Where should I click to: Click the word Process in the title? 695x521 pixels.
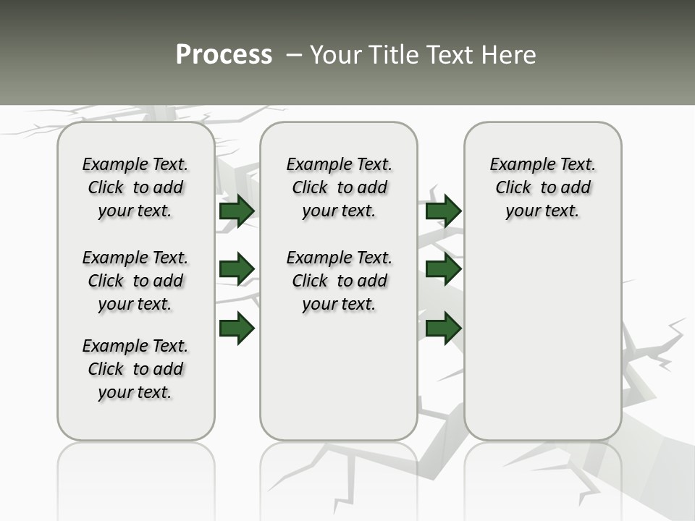click(224, 55)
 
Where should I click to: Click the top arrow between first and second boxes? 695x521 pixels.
click(237, 211)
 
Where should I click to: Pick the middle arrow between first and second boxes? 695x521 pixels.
click(237, 269)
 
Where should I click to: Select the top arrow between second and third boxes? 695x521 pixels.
click(443, 211)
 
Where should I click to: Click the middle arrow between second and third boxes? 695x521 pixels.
click(443, 269)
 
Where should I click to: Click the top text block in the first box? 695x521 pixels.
click(135, 187)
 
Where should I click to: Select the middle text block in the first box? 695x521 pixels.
click(135, 281)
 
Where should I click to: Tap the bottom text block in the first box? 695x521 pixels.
click(135, 369)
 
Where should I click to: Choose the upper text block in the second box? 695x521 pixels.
click(339, 187)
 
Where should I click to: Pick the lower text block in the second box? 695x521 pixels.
click(339, 281)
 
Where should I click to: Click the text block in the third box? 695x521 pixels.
click(543, 187)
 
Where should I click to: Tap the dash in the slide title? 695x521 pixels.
click(294, 55)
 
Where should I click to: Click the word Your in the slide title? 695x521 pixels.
click(335, 55)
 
